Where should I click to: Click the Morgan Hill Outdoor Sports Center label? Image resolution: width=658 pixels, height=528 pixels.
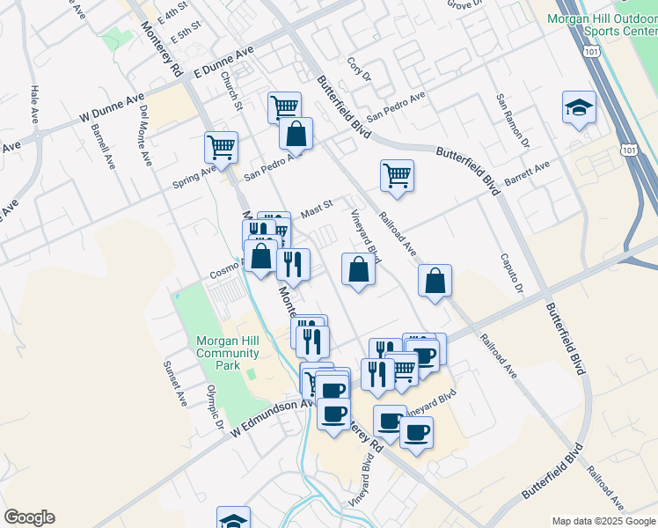[x=602, y=24]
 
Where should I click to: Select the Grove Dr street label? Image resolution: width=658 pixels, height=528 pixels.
[x=465, y=4]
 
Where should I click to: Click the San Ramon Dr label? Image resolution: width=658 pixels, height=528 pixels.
[x=513, y=121]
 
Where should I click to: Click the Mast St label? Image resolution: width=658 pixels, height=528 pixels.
[x=317, y=210]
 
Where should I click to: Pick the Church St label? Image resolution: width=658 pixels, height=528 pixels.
[x=232, y=91]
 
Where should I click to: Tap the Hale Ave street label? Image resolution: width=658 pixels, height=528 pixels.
[x=34, y=104]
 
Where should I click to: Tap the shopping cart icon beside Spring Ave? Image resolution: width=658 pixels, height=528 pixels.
[x=221, y=147]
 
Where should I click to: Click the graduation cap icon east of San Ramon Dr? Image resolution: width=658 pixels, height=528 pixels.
[x=578, y=107]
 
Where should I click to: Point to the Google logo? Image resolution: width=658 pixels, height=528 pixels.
[x=29, y=517]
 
